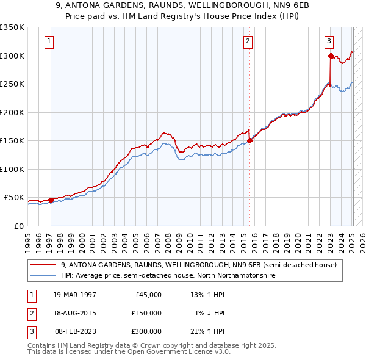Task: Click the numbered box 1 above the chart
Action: [48, 41]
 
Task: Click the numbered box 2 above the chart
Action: [248, 41]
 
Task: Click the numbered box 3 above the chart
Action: [329, 41]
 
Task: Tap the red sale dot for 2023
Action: [330, 56]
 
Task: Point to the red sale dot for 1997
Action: [51, 200]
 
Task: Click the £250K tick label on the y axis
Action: [12, 84]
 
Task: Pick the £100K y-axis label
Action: [12, 169]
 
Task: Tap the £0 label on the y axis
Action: [18, 226]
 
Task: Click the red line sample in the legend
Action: [44, 265]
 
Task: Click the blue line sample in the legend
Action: [44, 276]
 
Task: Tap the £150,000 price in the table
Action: [146, 313]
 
